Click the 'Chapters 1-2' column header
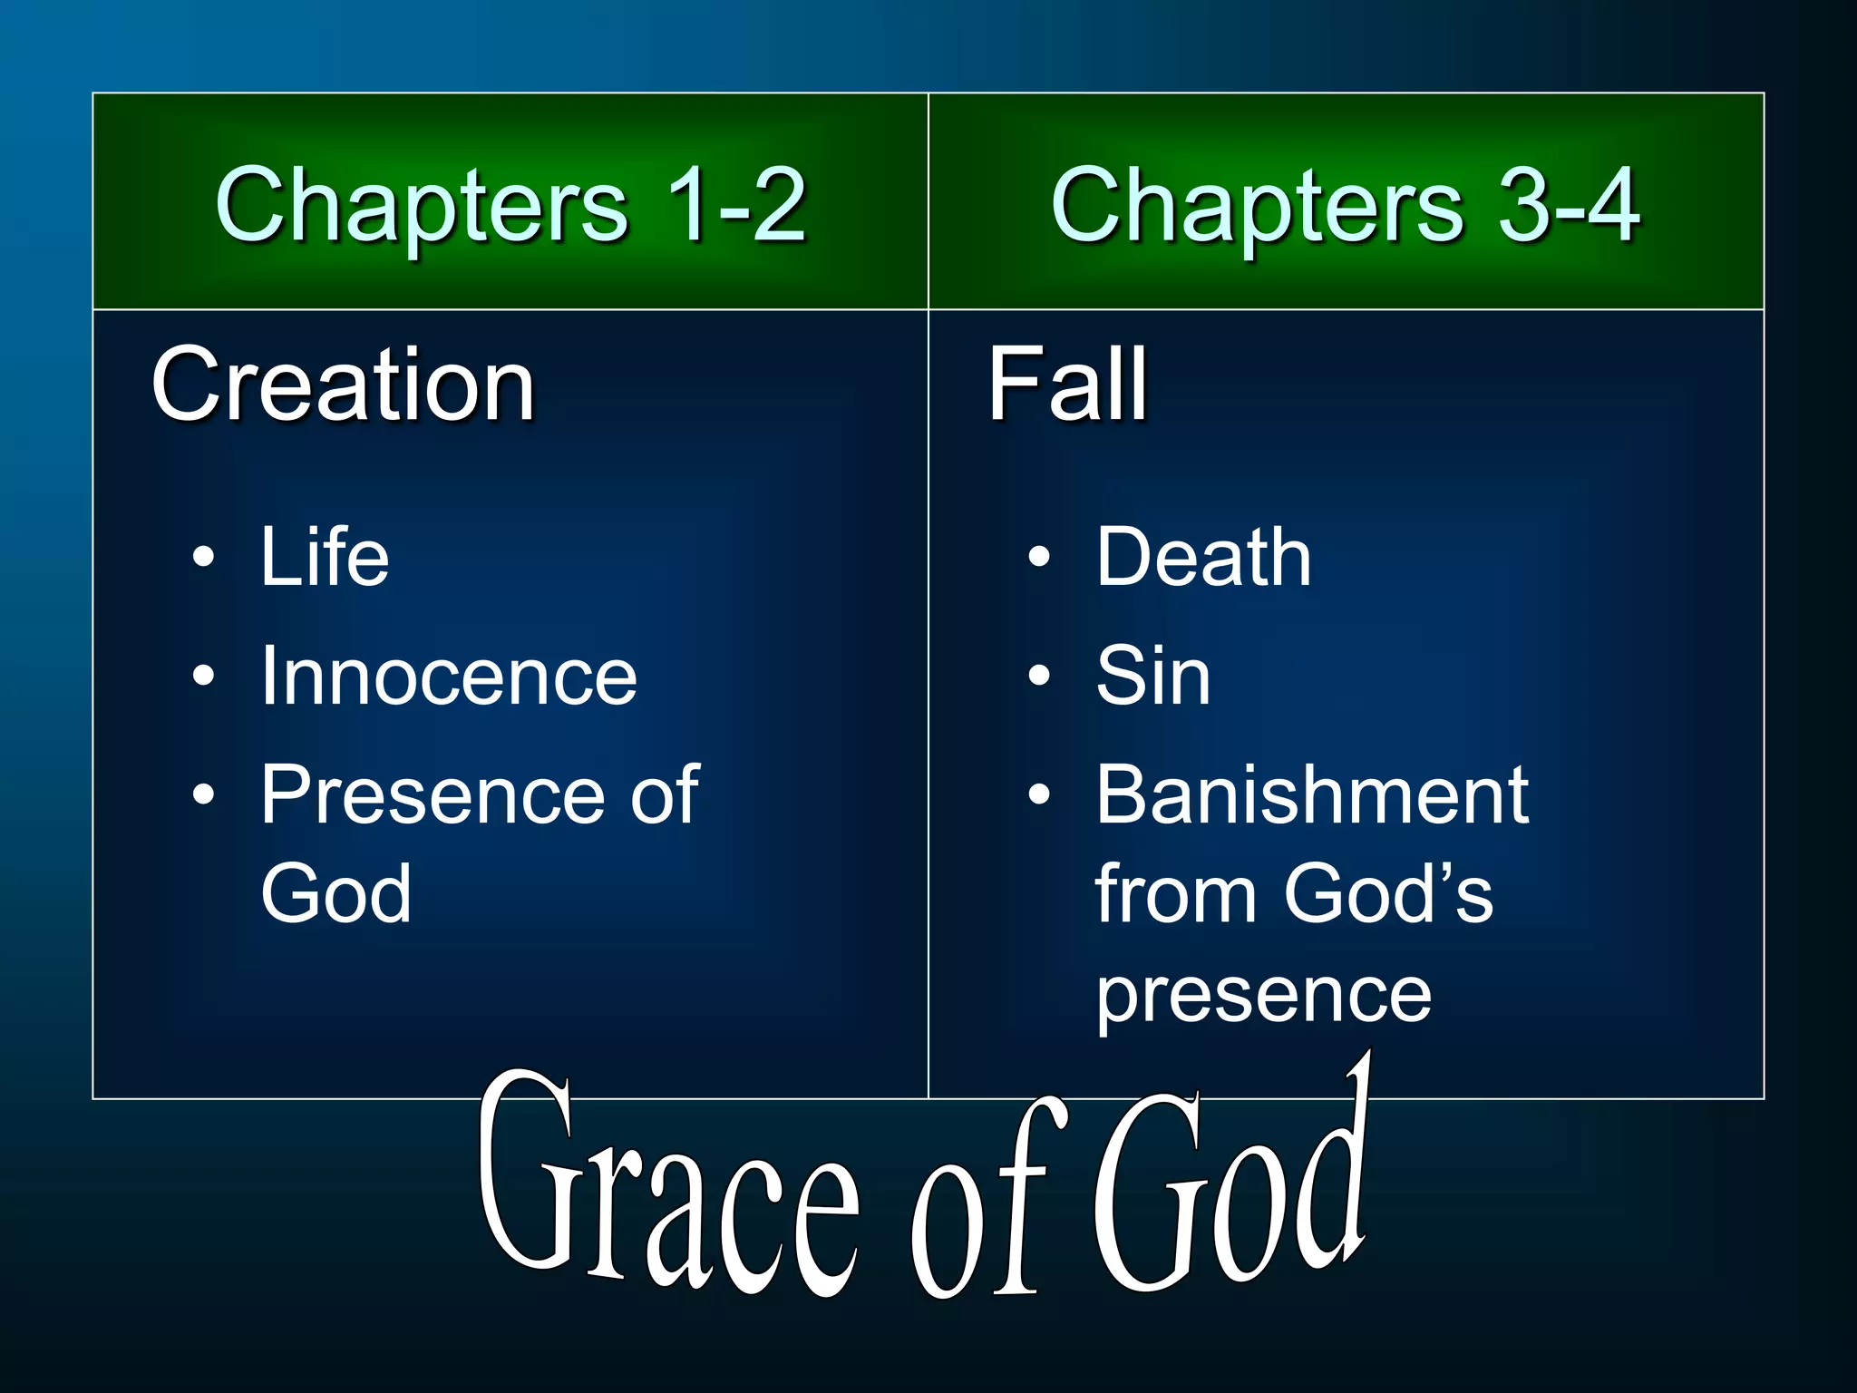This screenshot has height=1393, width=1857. tap(510, 206)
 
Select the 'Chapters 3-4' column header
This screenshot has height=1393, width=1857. tap(1346, 206)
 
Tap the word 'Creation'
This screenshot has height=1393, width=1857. tap(344, 385)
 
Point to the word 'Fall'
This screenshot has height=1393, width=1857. tap(1067, 385)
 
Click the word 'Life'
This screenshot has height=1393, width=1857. tap(325, 557)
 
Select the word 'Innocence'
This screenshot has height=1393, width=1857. tap(449, 677)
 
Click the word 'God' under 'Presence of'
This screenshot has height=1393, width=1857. tap(336, 894)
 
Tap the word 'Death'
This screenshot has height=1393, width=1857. tap(1203, 557)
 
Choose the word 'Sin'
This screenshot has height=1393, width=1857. tap(1152, 677)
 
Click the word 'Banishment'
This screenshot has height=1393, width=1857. tap(1312, 795)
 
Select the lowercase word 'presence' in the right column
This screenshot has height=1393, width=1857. tap(1263, 996)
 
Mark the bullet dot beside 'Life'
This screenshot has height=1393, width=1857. tap(204, 557)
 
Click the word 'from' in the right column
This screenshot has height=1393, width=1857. tap(1175, 894)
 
